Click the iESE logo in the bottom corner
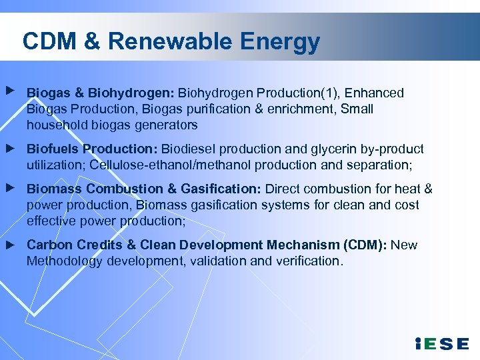pos(441,344)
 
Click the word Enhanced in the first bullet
pos(374,93)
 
